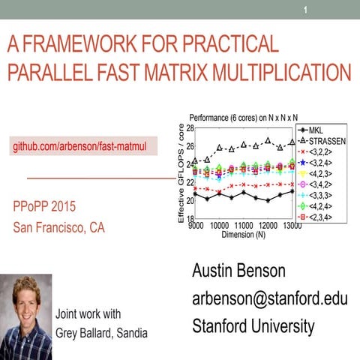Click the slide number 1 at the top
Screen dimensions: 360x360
[x=305, y=10]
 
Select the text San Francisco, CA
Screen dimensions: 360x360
[x=59, y=228]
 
